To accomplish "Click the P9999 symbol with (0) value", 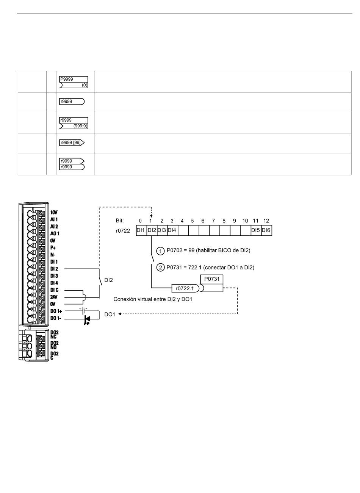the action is tap(74, 82).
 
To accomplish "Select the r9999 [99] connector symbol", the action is tap(72, 142).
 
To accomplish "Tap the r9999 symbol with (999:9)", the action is tap(74, 123).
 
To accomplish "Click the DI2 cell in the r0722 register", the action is tap(152, 230).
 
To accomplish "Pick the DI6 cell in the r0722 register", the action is tap(267, 230).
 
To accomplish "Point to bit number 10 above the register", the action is tap(245, 221).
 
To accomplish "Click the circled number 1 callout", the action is tap(160, 251).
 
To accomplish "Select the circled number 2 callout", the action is tap(160, 268).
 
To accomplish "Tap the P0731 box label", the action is tap(212, 279).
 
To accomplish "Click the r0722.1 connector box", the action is tap(185, 288).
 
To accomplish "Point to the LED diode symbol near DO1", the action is tap(87, 319).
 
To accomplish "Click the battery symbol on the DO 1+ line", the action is tap(83, 311).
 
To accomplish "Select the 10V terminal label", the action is tap(54, 212).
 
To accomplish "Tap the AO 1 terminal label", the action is tap(55, 233).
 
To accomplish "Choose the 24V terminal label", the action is tap(54, 297).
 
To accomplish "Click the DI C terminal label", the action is tap(54, 290).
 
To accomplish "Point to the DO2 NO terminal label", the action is tap(54, 345).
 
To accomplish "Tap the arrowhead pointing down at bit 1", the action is tap(151, 216).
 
